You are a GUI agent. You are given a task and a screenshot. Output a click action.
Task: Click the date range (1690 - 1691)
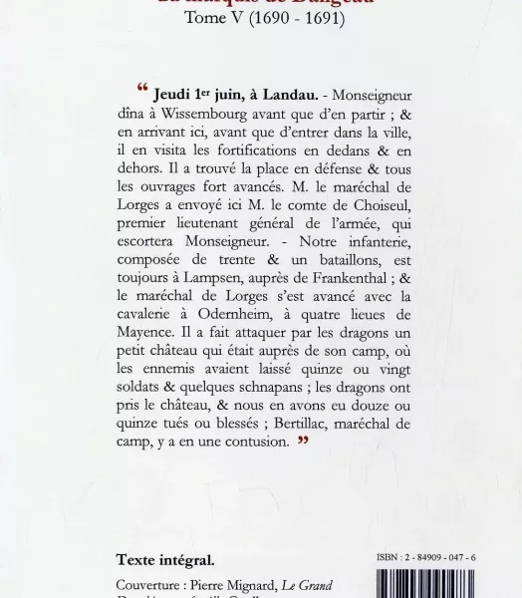295,46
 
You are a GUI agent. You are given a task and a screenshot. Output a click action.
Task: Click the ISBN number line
422,558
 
